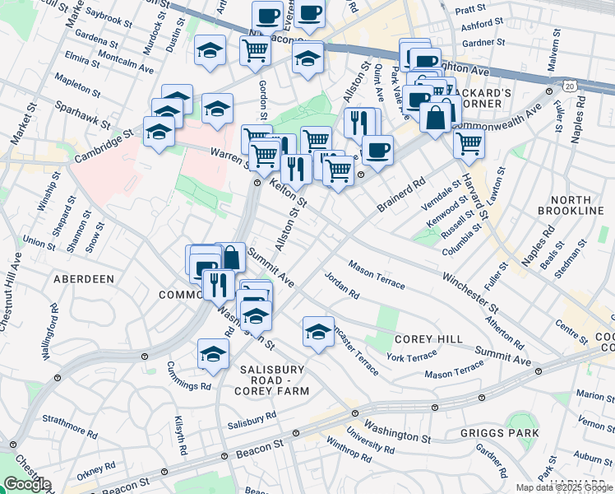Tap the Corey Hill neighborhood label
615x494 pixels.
tap(424, 339)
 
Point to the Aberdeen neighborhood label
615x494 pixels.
tap(84, 279)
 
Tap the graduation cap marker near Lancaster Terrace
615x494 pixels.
tap(318, 332)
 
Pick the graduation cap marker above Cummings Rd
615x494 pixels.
tap(213, 355)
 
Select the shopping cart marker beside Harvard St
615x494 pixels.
tap(469, 143)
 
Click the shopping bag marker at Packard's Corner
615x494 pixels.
tap(435, 117)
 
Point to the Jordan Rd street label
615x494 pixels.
tap(342, 285)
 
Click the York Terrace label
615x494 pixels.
tap(412, 357)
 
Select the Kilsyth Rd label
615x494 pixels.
tap(180, 431)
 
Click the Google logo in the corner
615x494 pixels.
tap(26, 484)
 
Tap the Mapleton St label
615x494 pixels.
tap(76, 82)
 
